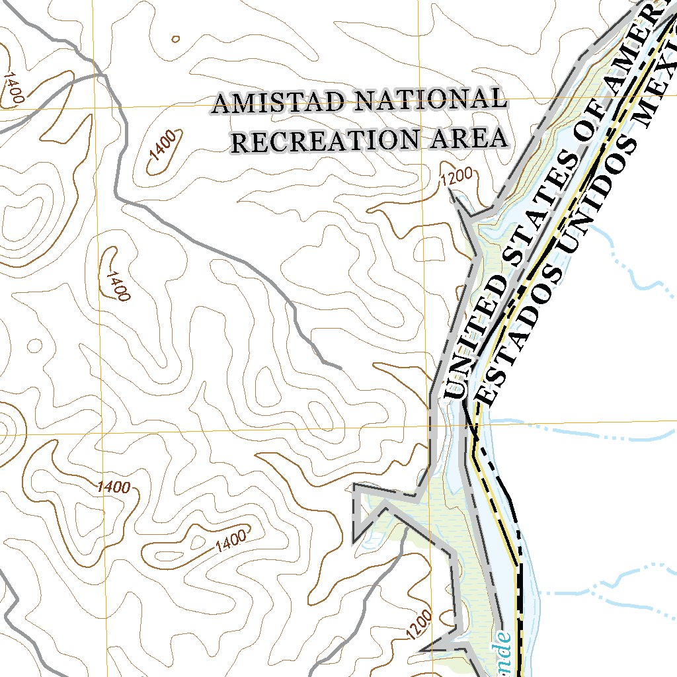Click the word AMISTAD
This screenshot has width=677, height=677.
tap(278, 103)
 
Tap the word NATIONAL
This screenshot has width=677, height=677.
tap(431, 100)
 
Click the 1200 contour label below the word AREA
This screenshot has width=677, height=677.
tap(457, 178)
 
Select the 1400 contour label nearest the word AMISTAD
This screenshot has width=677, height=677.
tap(163, 146)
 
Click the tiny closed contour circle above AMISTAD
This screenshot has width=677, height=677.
tap(175, 39)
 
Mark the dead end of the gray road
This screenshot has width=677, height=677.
tap(340, 367)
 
